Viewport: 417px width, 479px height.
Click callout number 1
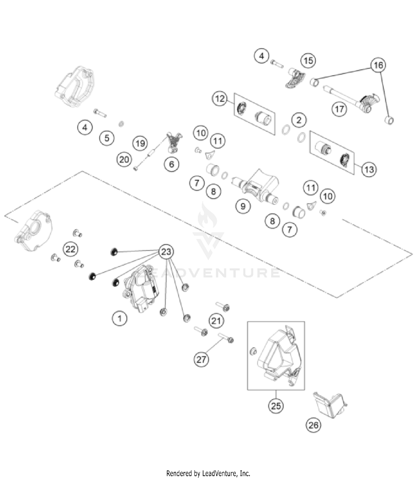click(120, 318)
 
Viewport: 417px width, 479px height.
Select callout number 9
click(243, 206)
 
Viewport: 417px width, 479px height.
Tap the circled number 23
click(166, 252)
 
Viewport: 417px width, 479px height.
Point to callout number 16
click(378, 65)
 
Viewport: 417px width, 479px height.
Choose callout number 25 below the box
click(276, 406)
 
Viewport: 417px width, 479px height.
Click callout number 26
click(313, 425)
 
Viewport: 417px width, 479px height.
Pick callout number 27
click(201, 359)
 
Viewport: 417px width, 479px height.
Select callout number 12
click(220, 99)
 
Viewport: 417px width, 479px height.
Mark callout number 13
click(369, 169)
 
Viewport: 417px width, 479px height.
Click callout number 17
click(339, 109)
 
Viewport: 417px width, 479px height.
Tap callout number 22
click(70, 249)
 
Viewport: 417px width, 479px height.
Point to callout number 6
click(172, 164)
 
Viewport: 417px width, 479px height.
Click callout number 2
click(299, 120)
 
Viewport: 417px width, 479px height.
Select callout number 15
click(308, 61)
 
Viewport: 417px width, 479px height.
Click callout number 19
click(140, 143)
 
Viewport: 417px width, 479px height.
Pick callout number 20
click(124, 160)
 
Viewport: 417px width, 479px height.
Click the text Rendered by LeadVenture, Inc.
click(208, 473)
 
